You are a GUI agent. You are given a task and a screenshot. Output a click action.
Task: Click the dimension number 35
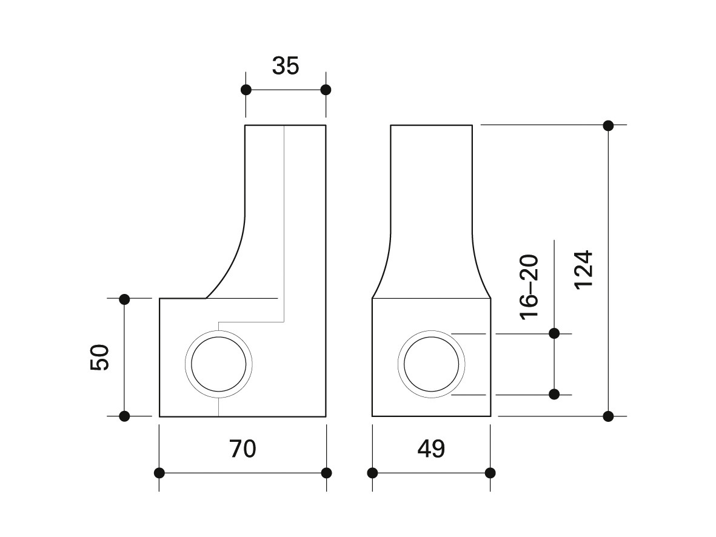tap(286, 65)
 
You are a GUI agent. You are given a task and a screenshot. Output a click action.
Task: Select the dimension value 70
tap(243, 449)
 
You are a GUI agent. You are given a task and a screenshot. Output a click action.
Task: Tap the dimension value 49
tap(431, 449)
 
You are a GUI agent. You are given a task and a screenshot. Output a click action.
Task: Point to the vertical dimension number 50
tap(100, 358)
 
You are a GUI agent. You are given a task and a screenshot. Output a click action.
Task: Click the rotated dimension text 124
tap(584, 269)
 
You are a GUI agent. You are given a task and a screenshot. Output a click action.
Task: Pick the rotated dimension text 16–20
tap(529, 287)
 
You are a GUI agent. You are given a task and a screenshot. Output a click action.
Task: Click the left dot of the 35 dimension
tap(246, 90)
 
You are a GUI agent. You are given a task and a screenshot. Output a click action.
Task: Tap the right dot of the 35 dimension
tap(326, 90)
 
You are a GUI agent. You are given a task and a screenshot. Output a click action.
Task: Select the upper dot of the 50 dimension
tap(124, 299)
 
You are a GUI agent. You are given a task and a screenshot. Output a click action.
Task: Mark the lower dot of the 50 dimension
tap(124, 416)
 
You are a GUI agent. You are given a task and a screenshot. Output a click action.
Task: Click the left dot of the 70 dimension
tap(159, 473)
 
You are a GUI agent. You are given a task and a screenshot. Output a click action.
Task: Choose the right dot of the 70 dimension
tap(327, 473)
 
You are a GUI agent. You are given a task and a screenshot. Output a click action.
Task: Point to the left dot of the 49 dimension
tap(373, 473)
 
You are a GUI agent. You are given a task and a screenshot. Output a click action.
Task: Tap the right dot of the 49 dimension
tap(490, 473)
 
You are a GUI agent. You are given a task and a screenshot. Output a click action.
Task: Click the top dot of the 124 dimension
tap(608, 125)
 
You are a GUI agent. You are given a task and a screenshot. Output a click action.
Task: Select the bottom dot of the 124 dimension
tap(608, 416)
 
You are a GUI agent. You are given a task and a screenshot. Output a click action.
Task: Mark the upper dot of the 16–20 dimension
tap(554, 333)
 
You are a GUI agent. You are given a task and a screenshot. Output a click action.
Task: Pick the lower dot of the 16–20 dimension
tap(554, 394)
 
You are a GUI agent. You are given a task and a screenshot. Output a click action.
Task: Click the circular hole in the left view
tap(219, 330)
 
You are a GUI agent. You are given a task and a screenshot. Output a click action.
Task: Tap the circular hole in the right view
tap(432, 330)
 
